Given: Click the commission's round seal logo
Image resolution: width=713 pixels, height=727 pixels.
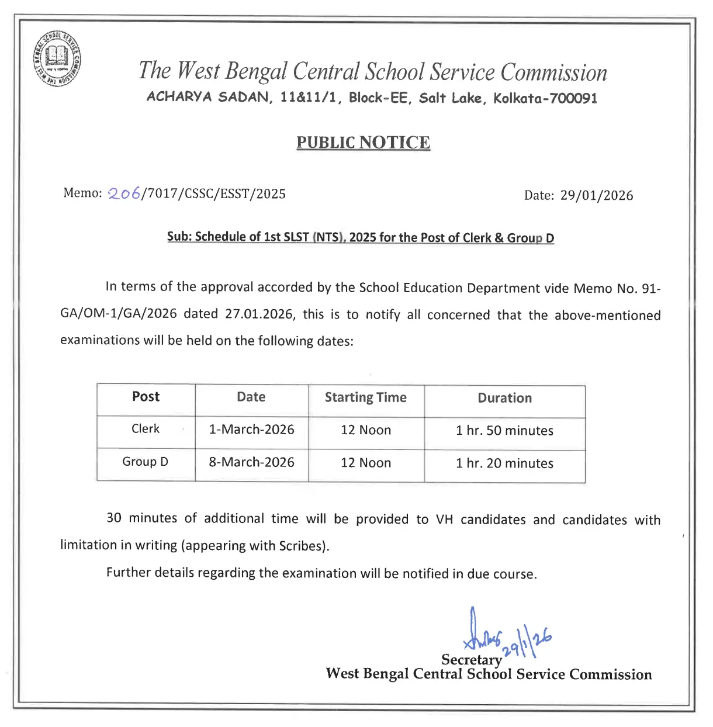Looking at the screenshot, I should [x=57, y=58].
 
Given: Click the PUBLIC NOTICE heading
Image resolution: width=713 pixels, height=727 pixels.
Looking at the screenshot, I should [x=363, y=143].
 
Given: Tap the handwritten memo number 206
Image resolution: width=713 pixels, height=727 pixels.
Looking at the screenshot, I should [x=124, y=193].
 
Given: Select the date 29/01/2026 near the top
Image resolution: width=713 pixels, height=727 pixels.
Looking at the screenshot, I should [x=596, y=195].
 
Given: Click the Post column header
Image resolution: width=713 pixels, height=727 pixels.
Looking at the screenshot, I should [x=146, y=397].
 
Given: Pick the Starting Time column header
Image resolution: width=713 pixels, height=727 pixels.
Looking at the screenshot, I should [x=365, y=397].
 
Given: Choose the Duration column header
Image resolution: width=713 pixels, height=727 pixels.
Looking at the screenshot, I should [x=504, y=398].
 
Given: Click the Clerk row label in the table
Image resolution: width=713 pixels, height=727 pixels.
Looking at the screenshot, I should [x=146, y=429].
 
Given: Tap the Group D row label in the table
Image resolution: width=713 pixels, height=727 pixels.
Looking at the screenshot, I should [x=145, y=462].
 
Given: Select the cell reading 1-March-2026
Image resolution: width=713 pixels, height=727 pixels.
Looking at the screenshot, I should [x=251, y=430].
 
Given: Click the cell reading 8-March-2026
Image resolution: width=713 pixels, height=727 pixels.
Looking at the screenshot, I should [x=251, y=462].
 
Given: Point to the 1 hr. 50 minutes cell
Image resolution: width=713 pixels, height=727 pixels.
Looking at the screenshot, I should [x=504, y=431].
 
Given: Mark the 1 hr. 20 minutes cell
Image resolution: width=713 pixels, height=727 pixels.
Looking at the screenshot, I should [x=504, y=463].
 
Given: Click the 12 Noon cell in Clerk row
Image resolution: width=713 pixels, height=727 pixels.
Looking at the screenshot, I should [x=366, y=430].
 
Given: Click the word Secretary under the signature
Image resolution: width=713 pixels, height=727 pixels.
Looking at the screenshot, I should [x=471, y=660].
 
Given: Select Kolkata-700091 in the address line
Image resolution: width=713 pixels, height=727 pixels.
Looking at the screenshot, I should [x=545, y=98].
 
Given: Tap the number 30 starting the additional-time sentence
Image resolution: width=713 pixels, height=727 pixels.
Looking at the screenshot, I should [x=114, y=518].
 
